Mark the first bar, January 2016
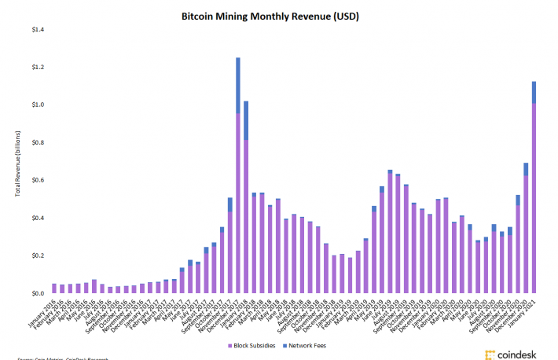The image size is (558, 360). pos(54,288)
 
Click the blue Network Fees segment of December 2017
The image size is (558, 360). pos(237,85)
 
